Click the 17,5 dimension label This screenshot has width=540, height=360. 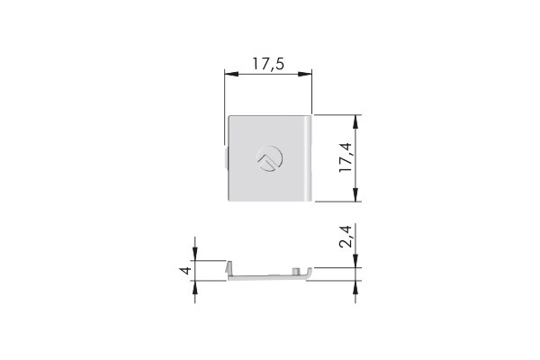tap(268, 64)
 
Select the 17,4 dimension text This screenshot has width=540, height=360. tap(346, 157)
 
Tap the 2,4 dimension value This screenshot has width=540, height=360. tap(346, 237)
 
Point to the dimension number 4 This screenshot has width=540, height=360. tap(185, 270)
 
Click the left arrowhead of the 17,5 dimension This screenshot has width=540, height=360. tap(231, 74)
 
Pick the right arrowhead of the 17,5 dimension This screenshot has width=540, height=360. tap(305, 74)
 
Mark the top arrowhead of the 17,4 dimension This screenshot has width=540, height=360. tap(355, 121)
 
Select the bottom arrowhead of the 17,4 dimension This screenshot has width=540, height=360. tap(355, 194)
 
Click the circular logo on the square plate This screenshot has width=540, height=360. tap(270, 158)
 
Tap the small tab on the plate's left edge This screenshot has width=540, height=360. tap(226, 158)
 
